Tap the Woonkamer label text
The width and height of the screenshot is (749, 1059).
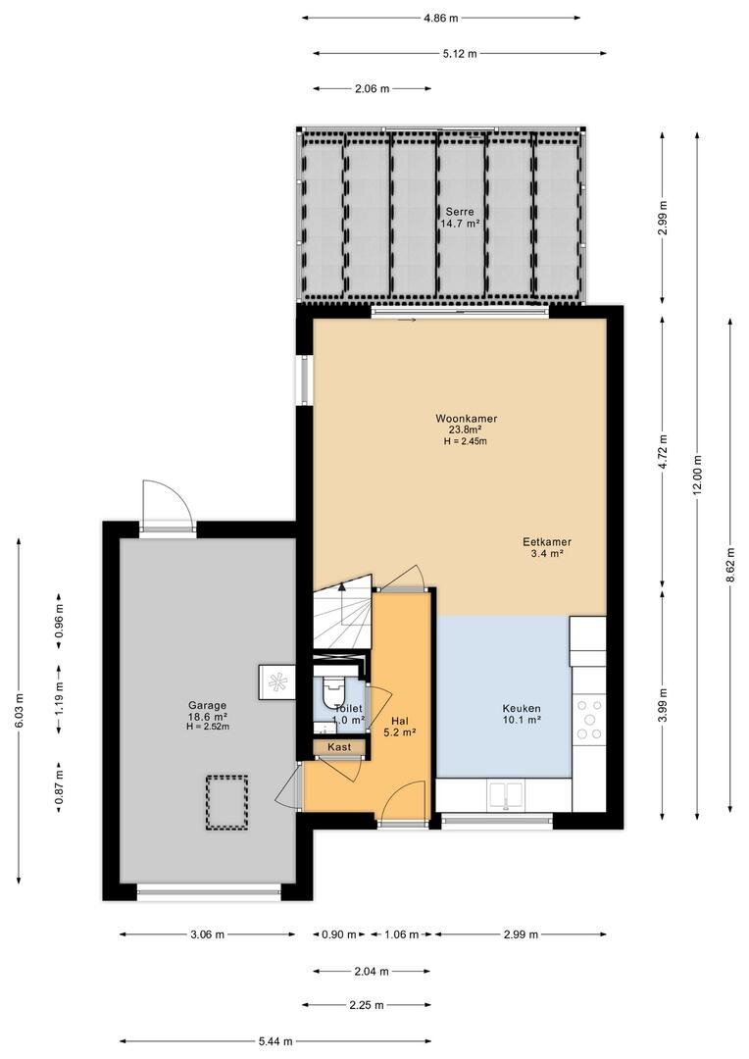(467, 419)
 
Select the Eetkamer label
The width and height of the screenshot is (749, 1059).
(547, 541)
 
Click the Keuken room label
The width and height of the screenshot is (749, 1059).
(522, 708)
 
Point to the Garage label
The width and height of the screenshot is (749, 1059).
(208, 705)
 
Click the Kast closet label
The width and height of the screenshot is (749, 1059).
(339, 748)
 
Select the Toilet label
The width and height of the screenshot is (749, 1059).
(349, 708)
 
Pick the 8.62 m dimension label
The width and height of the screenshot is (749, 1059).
(730, 564)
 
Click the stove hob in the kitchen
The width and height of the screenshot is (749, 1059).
(590, 720)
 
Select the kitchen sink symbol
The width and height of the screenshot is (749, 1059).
(506, 795)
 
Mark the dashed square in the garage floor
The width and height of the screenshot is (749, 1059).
(225, 803)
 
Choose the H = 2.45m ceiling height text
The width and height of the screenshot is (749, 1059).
(467, 441)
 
